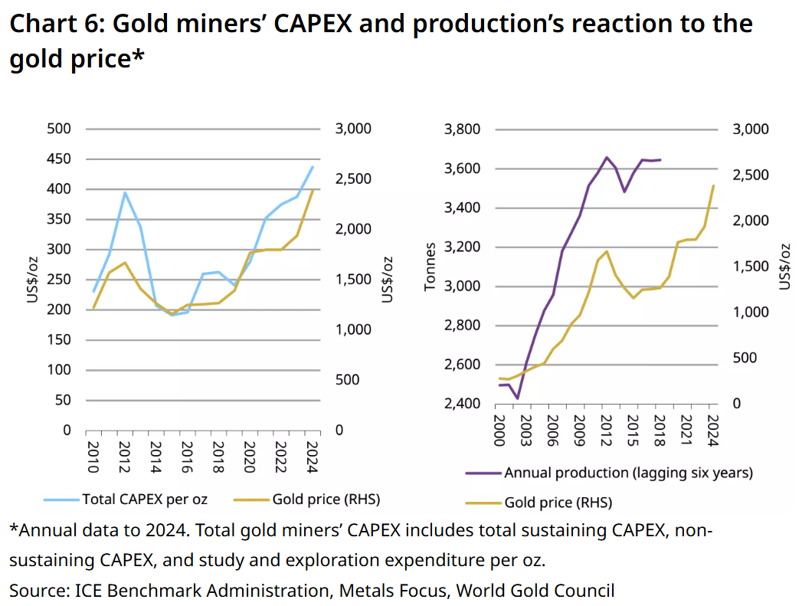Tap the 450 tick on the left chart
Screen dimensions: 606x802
[x=60, y=159]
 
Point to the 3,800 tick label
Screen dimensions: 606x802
[x=461, y=129]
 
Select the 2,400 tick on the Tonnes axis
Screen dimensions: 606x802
[x=461, y=404]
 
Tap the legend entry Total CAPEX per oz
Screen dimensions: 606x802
[x=144, y=500]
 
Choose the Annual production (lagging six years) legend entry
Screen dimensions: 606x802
[x=628, y=473]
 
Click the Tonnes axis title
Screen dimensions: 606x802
[x=430, y=267]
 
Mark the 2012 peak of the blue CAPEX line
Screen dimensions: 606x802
[x=125, y=192]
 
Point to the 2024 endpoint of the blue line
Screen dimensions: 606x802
[x=313, y=166]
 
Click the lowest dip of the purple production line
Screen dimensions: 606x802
[x=517, y=398]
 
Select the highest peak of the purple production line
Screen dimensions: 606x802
[x=607, y=157]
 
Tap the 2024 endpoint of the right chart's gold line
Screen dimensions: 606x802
[x=714, y=185]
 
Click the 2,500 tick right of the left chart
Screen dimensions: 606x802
[x=353, y=179]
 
